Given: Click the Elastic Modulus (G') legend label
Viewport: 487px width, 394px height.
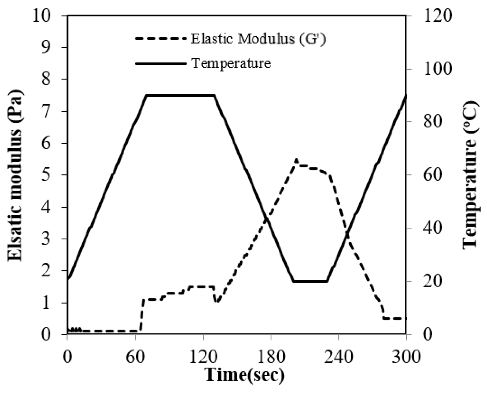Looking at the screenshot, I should point(258,39).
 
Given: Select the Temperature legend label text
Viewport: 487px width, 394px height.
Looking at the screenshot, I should point(231,63).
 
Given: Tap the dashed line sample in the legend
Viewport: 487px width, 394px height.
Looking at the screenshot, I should point(161,39).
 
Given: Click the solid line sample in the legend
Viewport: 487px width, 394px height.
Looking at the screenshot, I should point(161,63).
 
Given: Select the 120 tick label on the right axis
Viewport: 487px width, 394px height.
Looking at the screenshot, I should point(437,16).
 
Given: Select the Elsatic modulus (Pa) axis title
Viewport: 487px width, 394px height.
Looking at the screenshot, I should point(15,175).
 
